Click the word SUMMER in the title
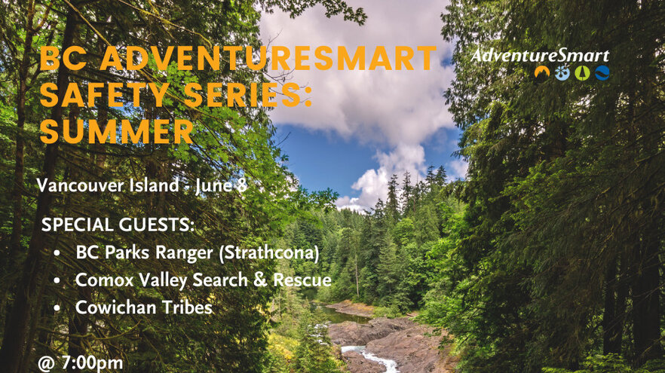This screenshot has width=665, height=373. coord(117,131)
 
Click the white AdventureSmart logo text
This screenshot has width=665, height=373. coord(540,56)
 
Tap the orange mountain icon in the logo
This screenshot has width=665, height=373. coord(542,72)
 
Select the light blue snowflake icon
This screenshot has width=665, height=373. coord(562,73)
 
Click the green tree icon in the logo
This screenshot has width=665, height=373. coord(582,73)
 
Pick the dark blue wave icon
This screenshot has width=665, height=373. coord(602,73)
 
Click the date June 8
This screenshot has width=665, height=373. coord(221,185)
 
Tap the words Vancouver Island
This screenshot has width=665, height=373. coord(108,185)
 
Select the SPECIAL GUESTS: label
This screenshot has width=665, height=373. coord(118,225)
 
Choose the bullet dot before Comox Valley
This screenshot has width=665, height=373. coord(57,281)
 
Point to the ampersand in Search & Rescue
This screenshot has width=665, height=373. coord(260,280)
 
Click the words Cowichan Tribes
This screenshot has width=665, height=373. coord(144,307)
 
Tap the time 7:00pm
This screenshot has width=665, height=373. coord(92,363)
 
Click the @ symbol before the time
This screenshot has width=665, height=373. coord(47,364)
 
